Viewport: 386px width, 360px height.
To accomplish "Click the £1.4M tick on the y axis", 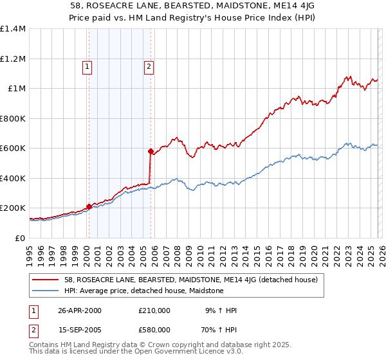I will (13, 29).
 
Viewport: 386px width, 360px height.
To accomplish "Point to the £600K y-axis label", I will (13, 148).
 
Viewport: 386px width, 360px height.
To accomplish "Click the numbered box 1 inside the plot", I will (87, 66).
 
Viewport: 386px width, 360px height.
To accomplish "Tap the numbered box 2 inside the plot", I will (149, 66).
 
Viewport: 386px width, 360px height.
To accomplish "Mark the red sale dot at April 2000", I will (89, 207).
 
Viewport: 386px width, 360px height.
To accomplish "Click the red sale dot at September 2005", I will (151, 152).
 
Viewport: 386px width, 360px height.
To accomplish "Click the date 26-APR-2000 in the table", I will (80, 310).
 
